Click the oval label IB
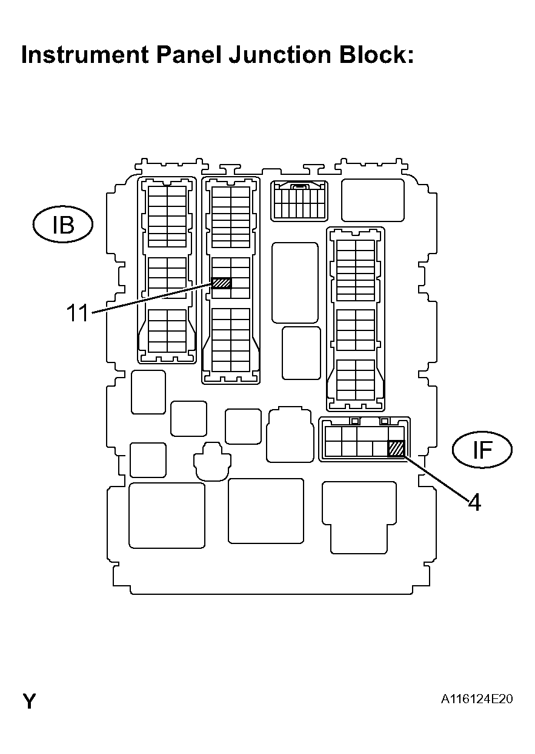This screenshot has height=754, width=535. click(x=62, y=225)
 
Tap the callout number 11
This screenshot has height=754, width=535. click(x=78, y=313)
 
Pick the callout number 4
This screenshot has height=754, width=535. click(x=474, y=502)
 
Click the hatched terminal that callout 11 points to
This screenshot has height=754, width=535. click(x=222, y=283)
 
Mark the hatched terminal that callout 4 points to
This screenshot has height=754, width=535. click(x=396, y=448)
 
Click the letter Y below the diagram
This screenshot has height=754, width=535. click(x=29, y=701)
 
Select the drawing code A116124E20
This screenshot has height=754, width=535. click(x=477, y=700)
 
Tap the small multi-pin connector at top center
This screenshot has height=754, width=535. click(x=299, y=200)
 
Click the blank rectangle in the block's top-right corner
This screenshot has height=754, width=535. click(x=373, y=200)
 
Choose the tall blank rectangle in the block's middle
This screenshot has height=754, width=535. click(x=295, y=283)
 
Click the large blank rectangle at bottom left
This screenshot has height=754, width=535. click(x=167, y=516)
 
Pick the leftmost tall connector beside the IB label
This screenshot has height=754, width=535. click(x=167, y=270)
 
